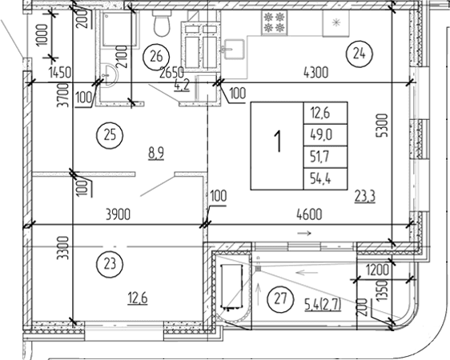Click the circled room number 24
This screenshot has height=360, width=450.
(x=357, y=54)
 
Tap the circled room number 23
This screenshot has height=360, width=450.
(x=109, y=262)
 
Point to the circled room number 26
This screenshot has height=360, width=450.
(x=158, y=56)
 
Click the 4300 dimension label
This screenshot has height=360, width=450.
(x=316, y=72)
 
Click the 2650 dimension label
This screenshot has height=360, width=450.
(x=174, y=73)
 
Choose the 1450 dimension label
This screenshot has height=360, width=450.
(x=59, y=73)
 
